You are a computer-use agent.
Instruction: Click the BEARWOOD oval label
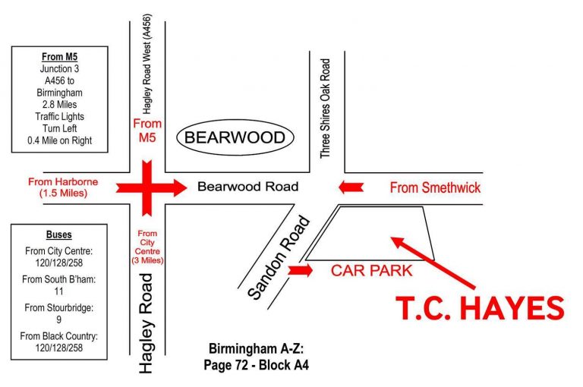click(x=235, y=137)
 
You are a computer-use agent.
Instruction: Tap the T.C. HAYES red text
click(x=481, y=308)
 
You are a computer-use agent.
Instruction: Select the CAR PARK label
click(x=371, y=270)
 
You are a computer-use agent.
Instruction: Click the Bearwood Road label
click(x=247, y=187)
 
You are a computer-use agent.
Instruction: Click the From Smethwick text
click(x=435, y=187)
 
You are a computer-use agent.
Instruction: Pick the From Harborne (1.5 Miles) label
click(x=57, y=187)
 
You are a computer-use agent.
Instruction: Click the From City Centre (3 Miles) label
click(x=148, y=247)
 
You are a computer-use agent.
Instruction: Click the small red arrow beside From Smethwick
click(x=351, y=187)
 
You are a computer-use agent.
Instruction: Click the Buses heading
click(x=58, y=235)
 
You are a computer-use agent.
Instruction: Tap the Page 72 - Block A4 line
click(x=256, y=364)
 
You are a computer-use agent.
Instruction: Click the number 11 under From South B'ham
click(x=58, y=291)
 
